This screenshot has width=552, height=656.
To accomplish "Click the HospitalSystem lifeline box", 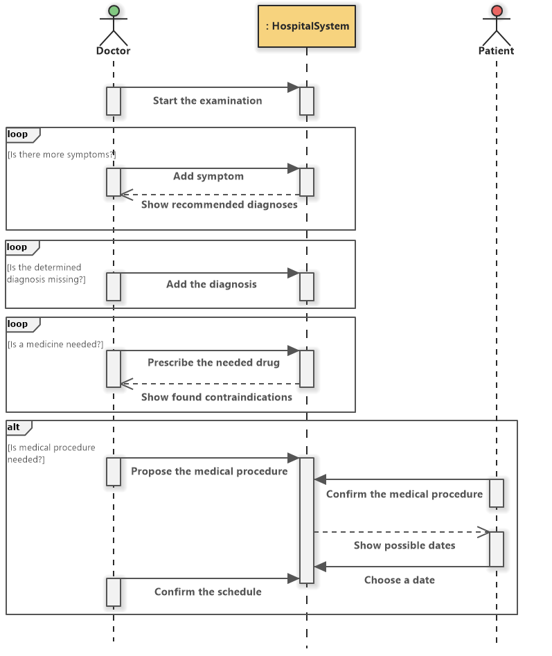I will click(307, 26).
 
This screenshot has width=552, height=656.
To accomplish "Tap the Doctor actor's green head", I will click(114, 10).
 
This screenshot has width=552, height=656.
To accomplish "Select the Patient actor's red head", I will click(496, 10).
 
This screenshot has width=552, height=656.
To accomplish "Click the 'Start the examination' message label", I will click(207, 100).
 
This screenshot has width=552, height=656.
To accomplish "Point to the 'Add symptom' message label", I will click(208, 176).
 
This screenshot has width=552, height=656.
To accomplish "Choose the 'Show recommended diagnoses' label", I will click(219, 204).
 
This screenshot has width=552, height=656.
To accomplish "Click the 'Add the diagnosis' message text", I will click(211, 284).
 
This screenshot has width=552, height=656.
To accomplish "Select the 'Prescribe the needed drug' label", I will click(213, 362).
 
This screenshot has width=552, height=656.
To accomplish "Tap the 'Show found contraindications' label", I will click(216, 397).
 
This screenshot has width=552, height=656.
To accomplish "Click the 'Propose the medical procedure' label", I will click(209, 471).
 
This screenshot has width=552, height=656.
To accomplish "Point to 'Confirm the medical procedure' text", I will click(404, 494).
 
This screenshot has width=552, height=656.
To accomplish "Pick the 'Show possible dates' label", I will click(404, 545).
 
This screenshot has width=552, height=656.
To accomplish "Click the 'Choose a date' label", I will click(400, 580).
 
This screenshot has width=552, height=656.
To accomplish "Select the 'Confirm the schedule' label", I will click(208, 592).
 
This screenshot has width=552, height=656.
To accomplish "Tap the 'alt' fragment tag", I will click(15, 426).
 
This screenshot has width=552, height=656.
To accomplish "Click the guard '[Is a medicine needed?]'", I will click(55, 344).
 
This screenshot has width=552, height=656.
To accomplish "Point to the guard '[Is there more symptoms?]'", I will click(62, 154).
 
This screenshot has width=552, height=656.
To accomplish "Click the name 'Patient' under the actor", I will click(496, 51).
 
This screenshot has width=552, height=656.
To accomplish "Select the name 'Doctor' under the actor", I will click(114, 51).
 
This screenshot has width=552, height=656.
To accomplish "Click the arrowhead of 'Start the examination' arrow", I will click(294, 87).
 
